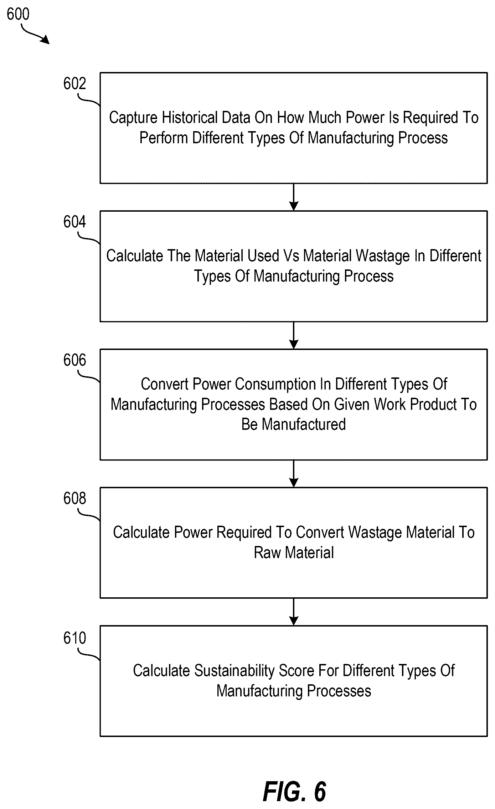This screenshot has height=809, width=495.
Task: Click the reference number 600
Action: (18, 14)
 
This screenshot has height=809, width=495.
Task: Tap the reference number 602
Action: (74, 83)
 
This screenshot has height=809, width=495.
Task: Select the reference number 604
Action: (74, 222)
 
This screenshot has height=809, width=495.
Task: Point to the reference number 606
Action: (74, 360)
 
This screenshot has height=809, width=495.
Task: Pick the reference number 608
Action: (74, 498)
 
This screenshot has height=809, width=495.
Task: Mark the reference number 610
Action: (74, 638)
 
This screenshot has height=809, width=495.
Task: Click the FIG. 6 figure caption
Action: (294, 792)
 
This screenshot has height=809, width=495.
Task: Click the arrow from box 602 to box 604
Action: (294, 197)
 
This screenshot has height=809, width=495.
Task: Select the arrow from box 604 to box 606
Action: (294, 335)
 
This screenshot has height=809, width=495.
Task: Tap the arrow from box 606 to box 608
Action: (294, 474)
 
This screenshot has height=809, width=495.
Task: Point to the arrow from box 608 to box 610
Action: (294, 612)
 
